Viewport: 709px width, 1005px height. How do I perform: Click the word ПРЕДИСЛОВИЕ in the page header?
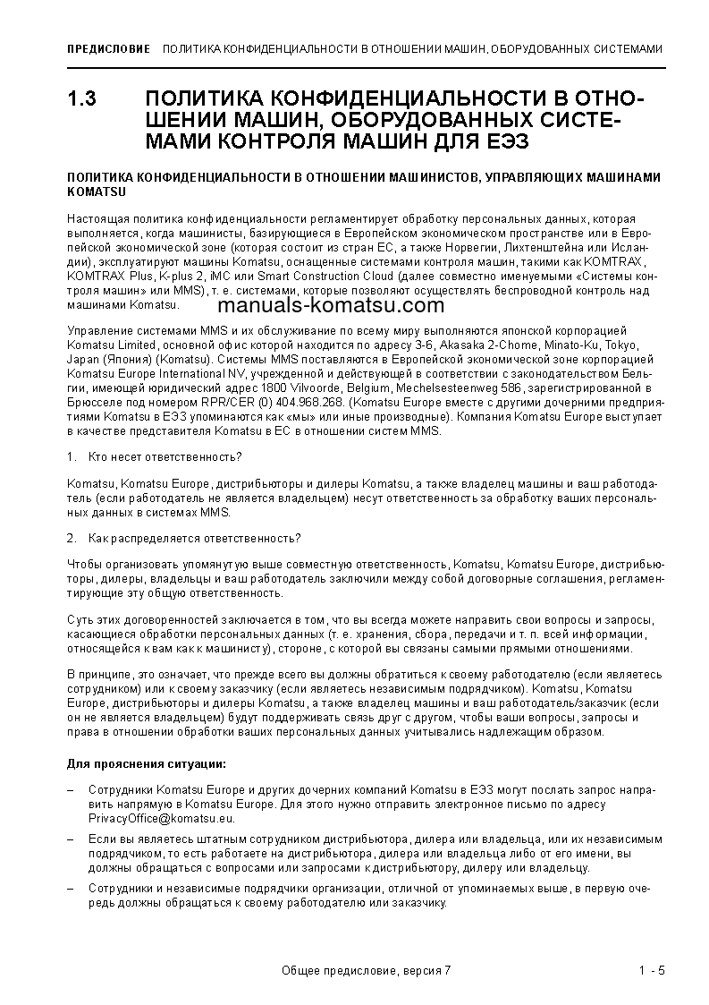click(x=108, y=49)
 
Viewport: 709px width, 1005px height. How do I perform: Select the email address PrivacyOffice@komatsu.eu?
click(x=162, y=818)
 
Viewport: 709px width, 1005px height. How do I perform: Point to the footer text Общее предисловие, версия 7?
click(x=366, y=971)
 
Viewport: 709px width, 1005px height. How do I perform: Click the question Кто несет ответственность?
click(x=165, y=456)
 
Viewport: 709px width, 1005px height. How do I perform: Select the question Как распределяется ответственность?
click(x=194, y=538)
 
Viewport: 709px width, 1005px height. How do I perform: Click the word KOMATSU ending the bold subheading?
click(x=97, y=192)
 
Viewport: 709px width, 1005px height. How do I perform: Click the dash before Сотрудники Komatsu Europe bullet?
click(x=71, y=791)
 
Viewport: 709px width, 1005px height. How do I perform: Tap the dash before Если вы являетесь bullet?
click(x=71, y=840)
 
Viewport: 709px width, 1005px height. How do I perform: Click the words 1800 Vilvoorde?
click(x=304, y=388)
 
